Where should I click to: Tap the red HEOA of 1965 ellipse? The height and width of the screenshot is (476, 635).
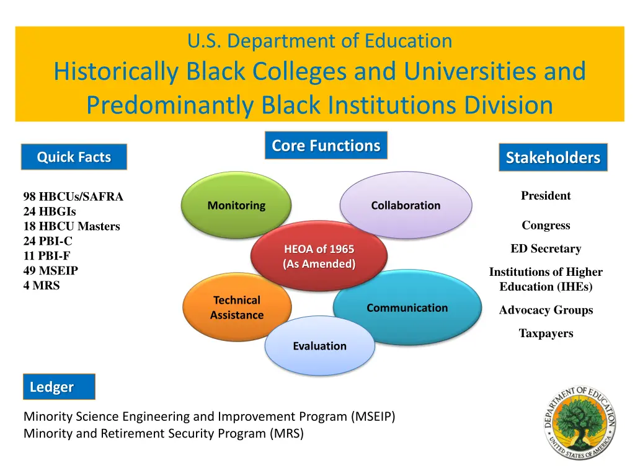319,256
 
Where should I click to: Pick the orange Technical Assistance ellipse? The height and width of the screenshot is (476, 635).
236,307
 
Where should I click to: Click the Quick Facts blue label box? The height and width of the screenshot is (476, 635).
74,157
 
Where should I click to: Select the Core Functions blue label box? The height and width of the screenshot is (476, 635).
326,146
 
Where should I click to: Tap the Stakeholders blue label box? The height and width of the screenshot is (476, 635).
553,157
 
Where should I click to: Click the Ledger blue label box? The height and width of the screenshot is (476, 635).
59,387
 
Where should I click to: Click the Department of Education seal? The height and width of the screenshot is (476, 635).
580,421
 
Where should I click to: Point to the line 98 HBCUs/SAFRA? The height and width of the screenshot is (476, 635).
73,196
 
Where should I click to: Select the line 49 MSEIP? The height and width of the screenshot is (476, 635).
51,271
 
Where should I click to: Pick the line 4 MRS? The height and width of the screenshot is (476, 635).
42,286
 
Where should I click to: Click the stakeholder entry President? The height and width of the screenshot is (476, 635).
546,196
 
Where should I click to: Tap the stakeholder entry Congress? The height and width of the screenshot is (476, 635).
546,226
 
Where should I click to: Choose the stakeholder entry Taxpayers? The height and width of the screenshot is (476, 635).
546,333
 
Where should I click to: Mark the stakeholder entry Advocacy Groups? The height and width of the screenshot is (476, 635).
546,310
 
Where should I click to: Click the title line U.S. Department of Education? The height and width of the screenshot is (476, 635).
319,41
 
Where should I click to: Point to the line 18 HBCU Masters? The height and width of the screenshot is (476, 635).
71,226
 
